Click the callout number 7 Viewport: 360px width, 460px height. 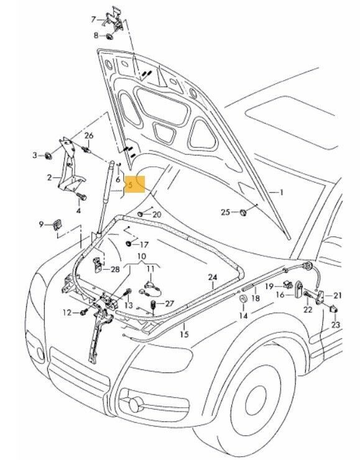pos(94,19)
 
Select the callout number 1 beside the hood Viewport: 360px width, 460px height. pos(280,193)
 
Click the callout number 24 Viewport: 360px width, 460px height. pos(212,277)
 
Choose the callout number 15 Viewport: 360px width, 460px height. pos(184,334)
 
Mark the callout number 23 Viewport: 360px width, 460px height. pos(336,325)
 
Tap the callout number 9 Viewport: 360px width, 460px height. pos(42,224)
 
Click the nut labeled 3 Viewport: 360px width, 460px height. pos(47,155)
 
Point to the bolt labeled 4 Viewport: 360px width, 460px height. pos(80,196)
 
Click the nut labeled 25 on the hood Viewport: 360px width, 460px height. pos(243,213)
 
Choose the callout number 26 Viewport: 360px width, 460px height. pos(88,136)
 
